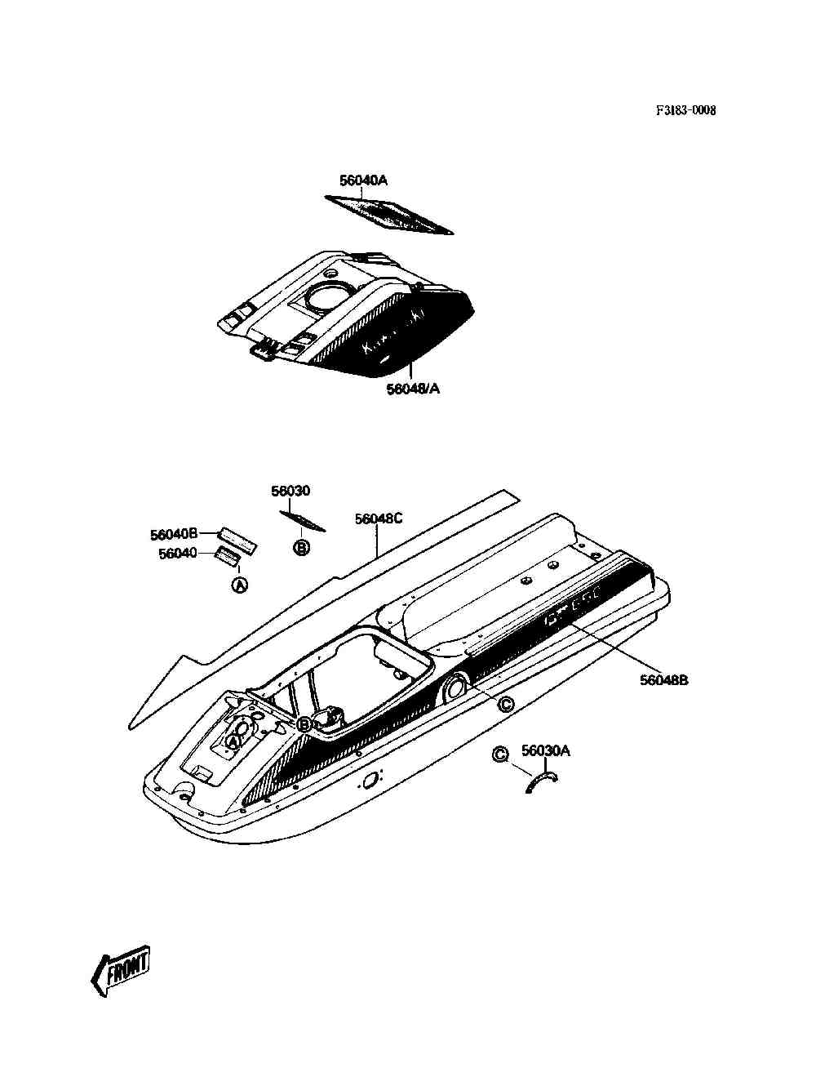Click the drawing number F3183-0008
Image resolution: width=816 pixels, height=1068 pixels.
click(685, 110)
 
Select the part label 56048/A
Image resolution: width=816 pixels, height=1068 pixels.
click(414, 389)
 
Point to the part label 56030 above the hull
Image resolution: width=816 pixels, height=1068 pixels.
click(290, 491)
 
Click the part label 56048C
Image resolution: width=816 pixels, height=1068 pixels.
click(379, 518)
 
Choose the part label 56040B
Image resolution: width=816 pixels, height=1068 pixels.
click(174, 535)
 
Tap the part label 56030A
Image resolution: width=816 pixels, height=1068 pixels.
click(546, 750)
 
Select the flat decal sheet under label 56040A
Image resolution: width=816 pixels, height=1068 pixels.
click(388, 215)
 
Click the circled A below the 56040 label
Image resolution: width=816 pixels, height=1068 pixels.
click(240, 585)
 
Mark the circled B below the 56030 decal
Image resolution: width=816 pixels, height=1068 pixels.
click(302, 549)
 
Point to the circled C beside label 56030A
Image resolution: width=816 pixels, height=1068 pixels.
click(501, 754)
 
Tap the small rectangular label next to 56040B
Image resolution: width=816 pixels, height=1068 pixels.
click(237, 540)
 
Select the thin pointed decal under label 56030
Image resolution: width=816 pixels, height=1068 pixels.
click(303, 521)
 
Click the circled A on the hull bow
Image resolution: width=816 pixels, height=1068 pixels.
click(233, 741)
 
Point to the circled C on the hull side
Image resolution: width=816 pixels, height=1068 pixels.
click(505, 704)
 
